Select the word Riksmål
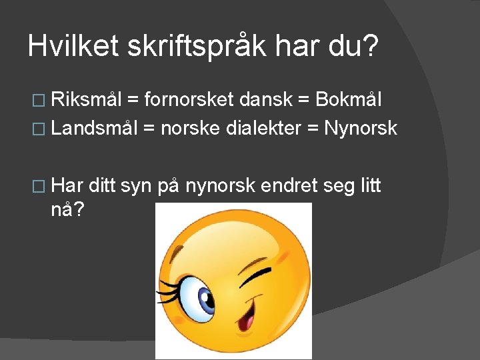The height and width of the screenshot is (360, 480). point(86,100)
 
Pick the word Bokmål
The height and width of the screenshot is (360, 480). point(349,100)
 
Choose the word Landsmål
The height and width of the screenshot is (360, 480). point(93,127)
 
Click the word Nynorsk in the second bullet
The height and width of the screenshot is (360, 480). point(361,127)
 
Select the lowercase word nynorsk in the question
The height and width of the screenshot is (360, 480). point(219,185)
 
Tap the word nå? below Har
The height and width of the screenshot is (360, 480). point(68,210)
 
